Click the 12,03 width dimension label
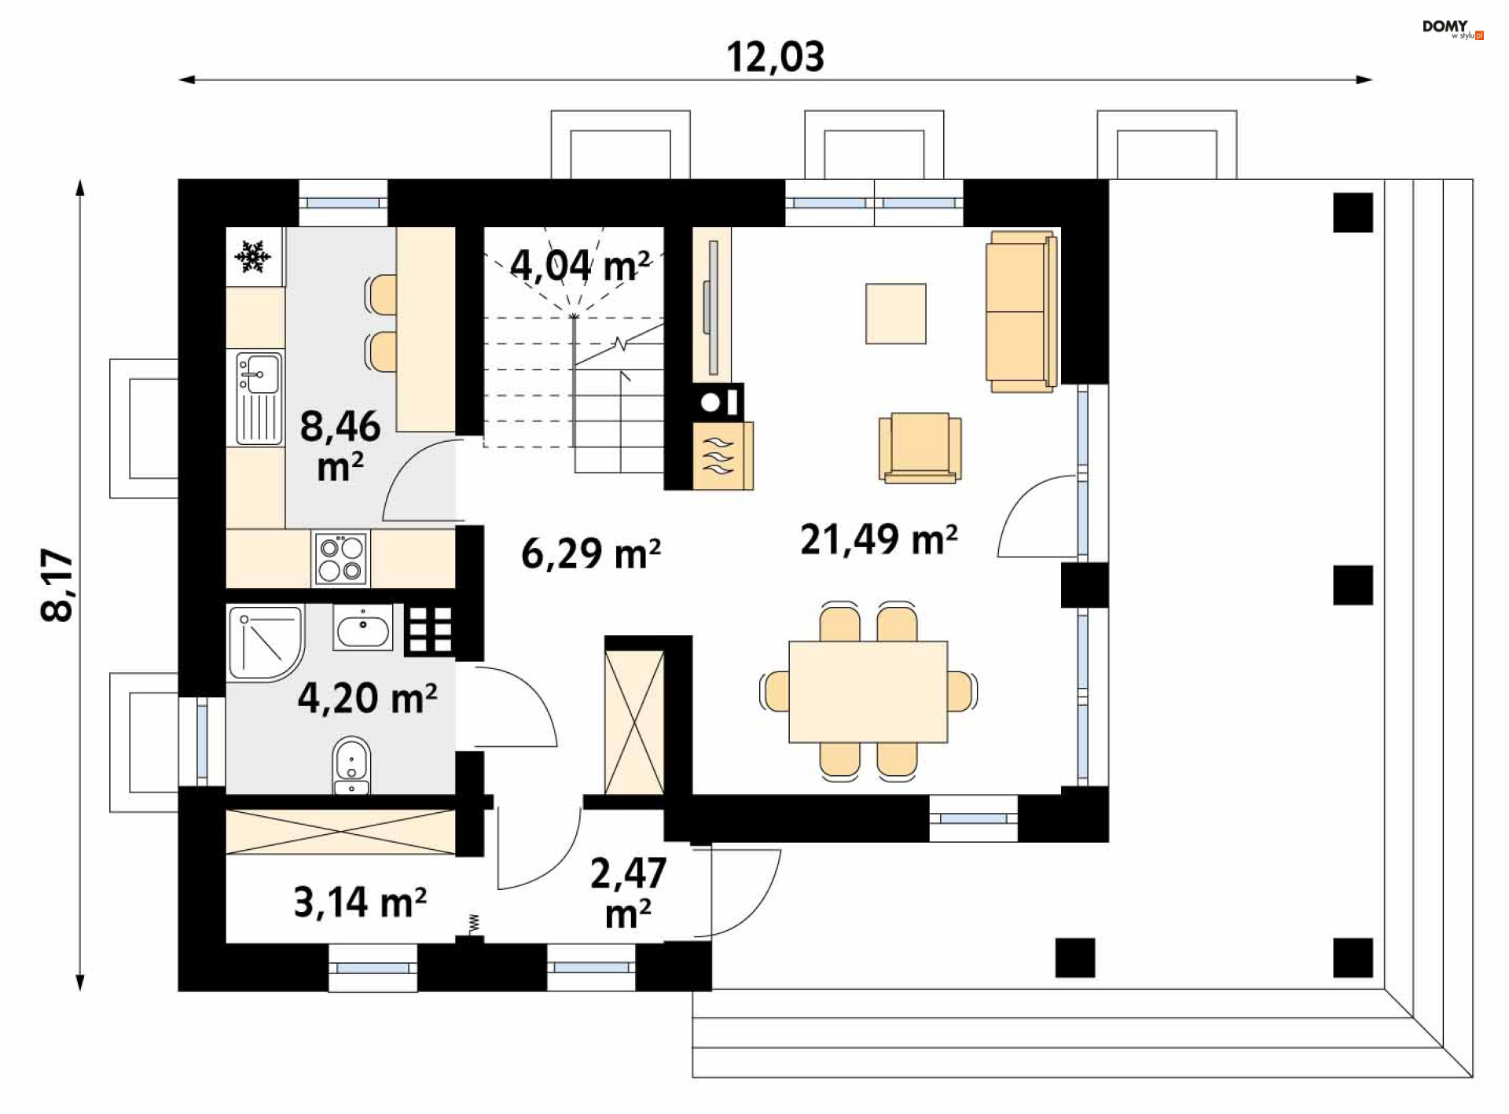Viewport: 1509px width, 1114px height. (775, 57)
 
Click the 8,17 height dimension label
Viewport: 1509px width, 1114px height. (57, 585)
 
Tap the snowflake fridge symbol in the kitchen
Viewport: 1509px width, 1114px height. (253, 256)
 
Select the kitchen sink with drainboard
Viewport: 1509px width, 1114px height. (259, 398)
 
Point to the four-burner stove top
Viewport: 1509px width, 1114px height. (341, 559)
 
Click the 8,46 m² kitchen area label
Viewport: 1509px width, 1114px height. (340, 446)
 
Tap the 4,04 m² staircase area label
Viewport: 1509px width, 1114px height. (580, 265)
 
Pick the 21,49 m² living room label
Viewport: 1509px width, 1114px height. (879, 539)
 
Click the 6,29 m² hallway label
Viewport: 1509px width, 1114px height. (591, 553)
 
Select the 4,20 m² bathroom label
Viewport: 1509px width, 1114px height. (367, 697)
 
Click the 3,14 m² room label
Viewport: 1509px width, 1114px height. (360, 902)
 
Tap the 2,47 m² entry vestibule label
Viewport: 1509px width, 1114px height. (628, 893)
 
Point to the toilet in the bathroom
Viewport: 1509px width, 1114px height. (351, 766)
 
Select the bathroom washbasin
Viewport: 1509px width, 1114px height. (362, 627)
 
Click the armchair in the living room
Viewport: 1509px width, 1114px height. (920, 447)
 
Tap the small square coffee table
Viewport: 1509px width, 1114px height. (895, 314)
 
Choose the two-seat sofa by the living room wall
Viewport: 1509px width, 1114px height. (1022, 311)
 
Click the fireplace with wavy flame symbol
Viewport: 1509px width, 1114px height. (723, 456)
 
